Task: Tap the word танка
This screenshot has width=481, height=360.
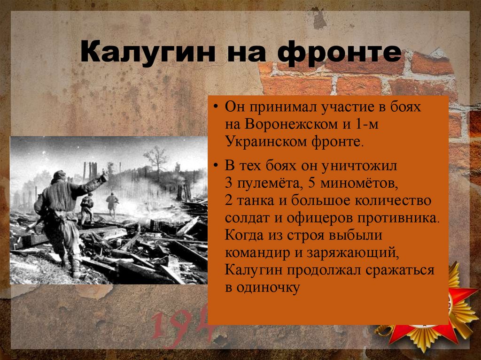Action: tap(260, 200)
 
